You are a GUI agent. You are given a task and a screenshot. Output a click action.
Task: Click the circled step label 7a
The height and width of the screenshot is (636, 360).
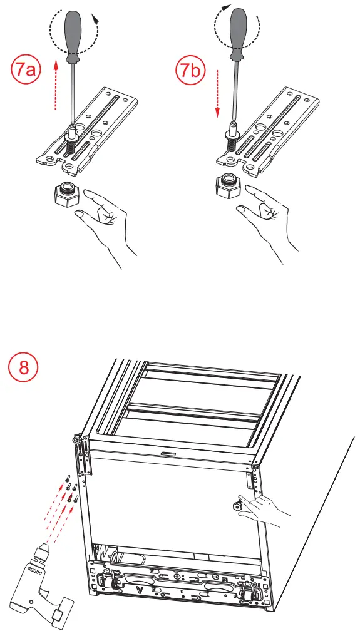click(x=26, y=71)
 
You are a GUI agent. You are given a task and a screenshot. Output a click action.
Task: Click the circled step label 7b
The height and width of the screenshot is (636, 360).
click(x=190, y=71)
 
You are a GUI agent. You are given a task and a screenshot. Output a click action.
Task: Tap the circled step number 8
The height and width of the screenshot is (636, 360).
click(x=24, y=368)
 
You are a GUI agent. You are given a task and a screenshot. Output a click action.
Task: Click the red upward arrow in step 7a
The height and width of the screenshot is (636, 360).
click(x=56, y=85)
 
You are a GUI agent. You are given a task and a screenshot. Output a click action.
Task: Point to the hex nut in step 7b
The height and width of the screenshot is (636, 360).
click(x=229, y=187)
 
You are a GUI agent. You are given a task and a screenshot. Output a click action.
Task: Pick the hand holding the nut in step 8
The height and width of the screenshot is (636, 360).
click(x=264, y=511)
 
